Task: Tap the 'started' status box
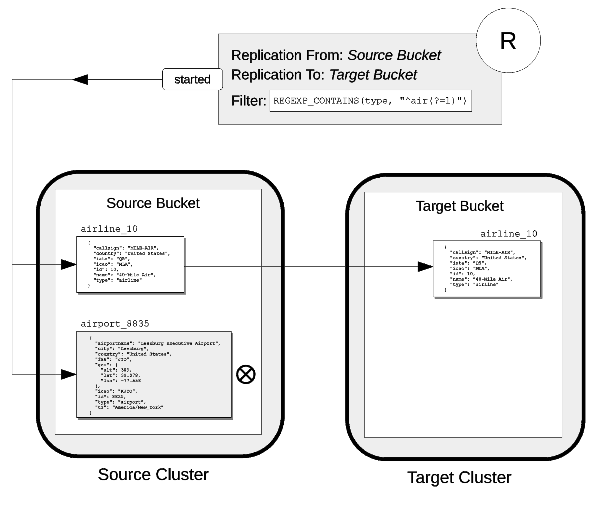point(192,79)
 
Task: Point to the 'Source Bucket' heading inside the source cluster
point(153,203)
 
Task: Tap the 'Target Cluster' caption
point(459,477)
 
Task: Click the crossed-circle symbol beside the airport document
point(246,374)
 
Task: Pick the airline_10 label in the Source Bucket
point(109,229)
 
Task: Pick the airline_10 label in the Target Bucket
point(508,234)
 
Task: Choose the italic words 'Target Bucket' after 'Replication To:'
point(373,75)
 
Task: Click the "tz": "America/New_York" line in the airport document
point(129,407)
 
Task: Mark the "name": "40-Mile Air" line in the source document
point(124,275)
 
